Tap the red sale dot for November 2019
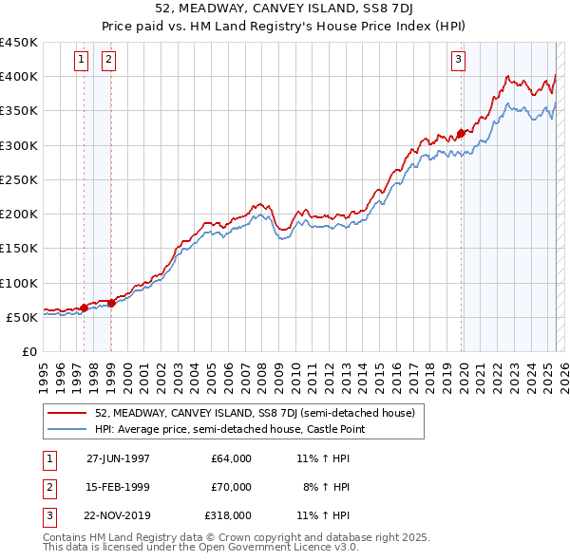[461, 133]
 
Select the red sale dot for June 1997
[84, 308]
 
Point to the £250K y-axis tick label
[19, 179]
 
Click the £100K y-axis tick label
[19, 283]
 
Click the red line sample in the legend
[67, 414]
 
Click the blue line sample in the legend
[67, 430]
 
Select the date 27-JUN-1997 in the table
[118, 457]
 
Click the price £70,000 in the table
[231, 487]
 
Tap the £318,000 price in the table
[228, 516]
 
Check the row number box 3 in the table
[47, 516]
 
